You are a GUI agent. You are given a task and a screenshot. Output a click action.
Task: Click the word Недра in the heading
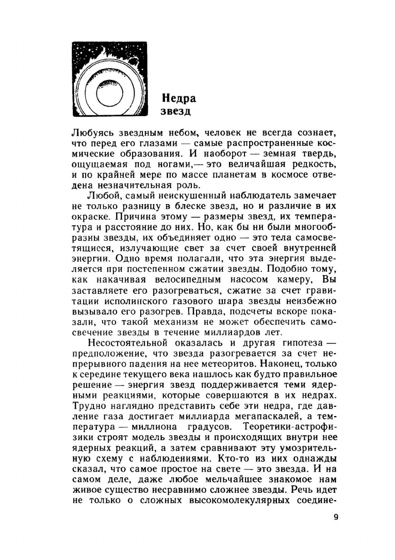tap(179, 98)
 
